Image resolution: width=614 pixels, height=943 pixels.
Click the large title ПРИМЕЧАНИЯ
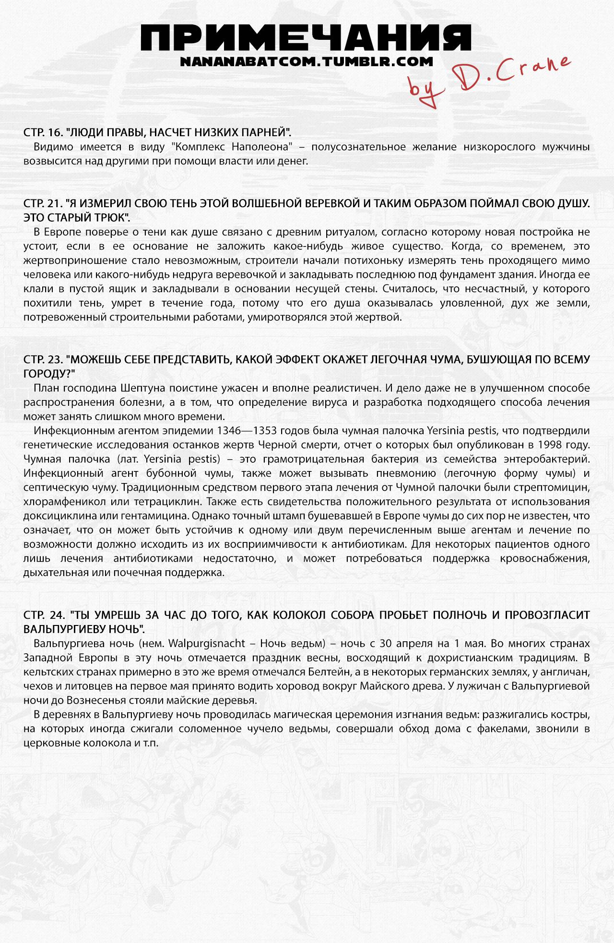(307, 37)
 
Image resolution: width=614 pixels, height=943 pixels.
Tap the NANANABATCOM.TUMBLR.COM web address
(307, 62)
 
